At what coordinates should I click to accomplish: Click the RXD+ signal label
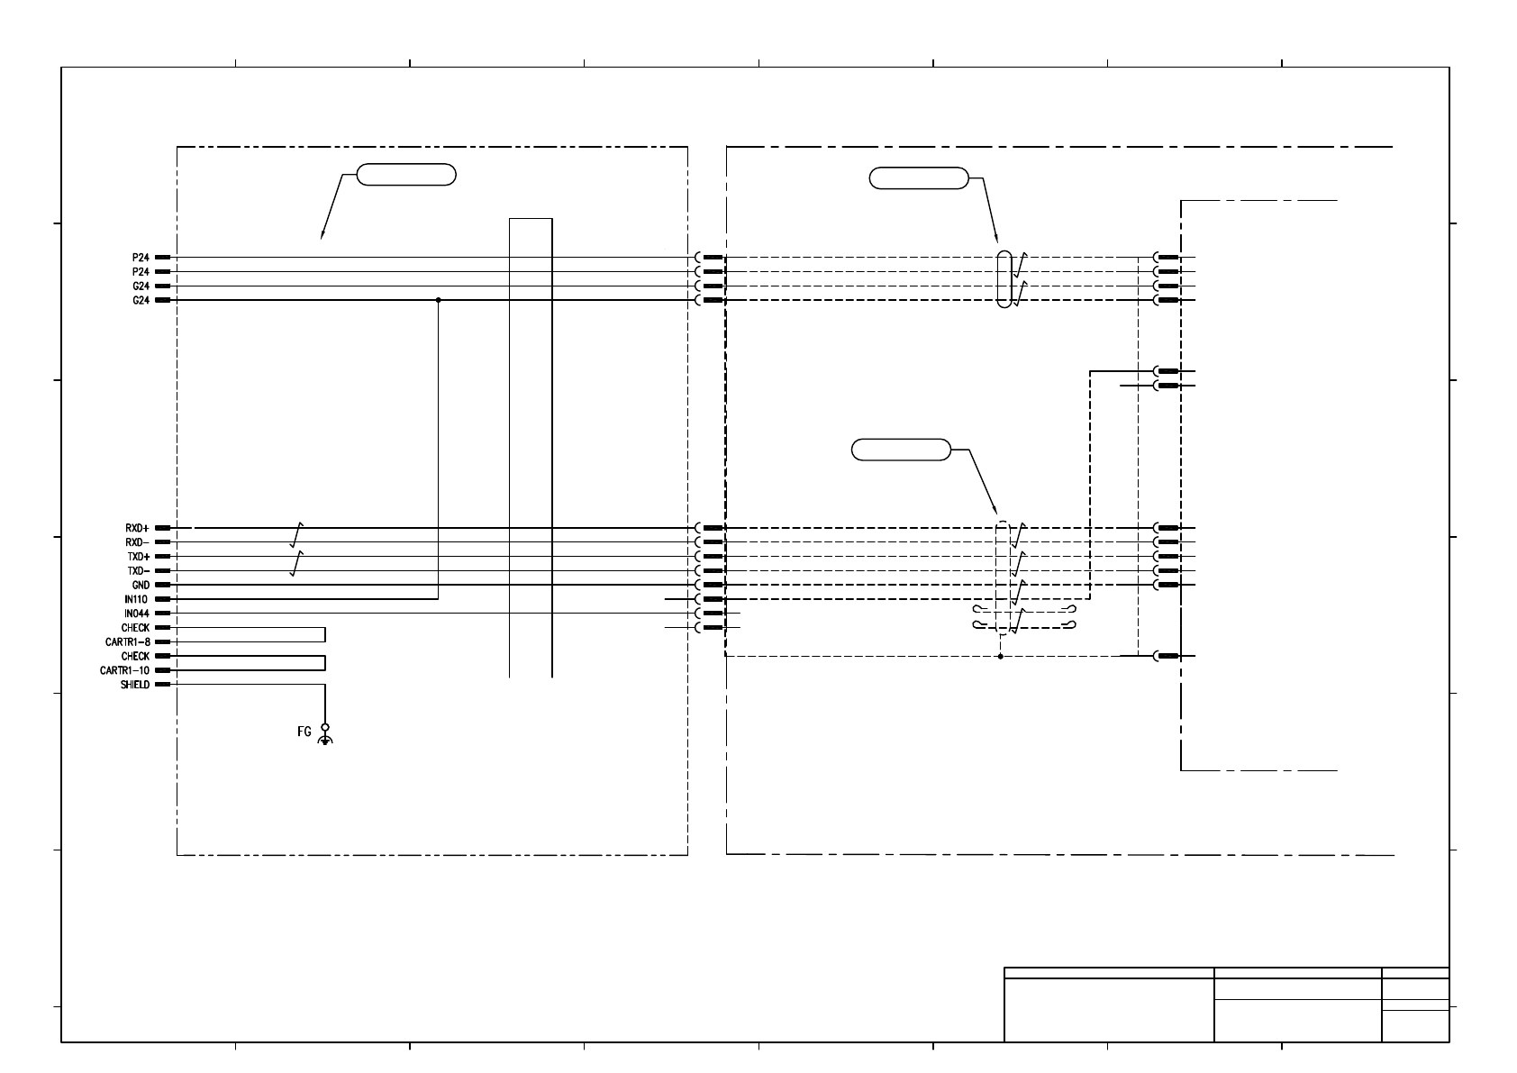tap(137, 528)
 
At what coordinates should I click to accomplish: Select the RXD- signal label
tap(137, 542)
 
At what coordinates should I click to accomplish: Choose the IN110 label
tap(137, 599)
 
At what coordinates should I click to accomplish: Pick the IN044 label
tap(137, 614)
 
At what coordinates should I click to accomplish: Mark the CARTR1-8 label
tap(127, 642)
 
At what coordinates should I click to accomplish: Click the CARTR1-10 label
tap(124, 671)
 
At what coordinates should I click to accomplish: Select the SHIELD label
tap(134, 685)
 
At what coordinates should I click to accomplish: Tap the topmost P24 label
tap(141, 258)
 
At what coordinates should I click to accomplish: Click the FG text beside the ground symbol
tap(304, 732)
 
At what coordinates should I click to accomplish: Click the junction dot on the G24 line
tap(438, 300)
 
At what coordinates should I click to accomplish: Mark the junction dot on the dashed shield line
tap(1001, 657)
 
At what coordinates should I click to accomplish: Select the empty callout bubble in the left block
tap(406, 175)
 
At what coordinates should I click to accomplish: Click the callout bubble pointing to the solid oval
tap(918, 178)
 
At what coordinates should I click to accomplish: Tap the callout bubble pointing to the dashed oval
tap(901, 450)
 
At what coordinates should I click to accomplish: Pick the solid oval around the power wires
tap(1005, 279)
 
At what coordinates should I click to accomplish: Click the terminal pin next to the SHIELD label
tap(163, 685)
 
